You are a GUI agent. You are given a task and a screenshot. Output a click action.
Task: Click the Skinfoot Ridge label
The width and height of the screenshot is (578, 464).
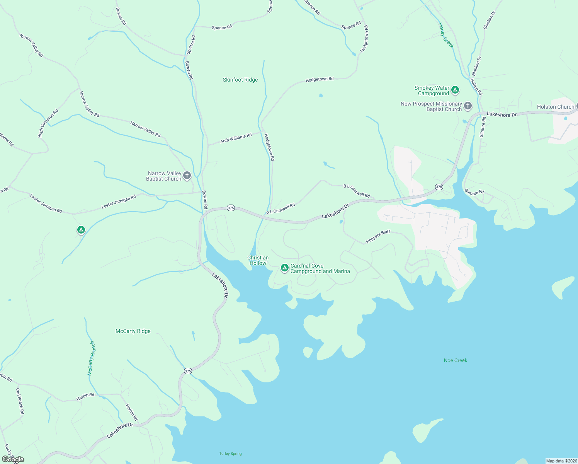pyautogui.click(x=240, y=80)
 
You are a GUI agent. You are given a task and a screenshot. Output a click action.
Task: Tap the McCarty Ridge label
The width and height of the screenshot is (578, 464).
pyautogui.click(x=133, y=331)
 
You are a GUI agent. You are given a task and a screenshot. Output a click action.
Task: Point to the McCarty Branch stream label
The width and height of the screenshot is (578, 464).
pyautogui.click(x=91, y=358)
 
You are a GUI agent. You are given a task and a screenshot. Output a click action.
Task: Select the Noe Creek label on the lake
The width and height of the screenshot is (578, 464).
pyautogui.click(x=456, y=361)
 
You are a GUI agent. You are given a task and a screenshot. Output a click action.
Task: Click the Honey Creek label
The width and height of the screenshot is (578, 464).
pyautogui.click(x=446, y=35)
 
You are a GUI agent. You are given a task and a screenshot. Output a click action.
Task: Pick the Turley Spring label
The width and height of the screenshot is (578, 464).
pyautogui.click(x=230, y=454)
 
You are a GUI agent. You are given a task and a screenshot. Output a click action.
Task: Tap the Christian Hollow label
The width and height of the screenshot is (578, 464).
pyautogui.click(x=258, y=260)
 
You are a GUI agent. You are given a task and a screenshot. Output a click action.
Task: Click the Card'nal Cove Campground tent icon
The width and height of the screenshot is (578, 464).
pyautogui.click(x=285, y=268)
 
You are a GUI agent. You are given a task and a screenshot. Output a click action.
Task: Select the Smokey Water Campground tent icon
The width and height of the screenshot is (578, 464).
pyautogui.click(x=455, y=90)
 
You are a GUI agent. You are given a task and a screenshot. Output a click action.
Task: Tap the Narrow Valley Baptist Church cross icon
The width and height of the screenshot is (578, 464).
pyautogui.click(x=187, y=176)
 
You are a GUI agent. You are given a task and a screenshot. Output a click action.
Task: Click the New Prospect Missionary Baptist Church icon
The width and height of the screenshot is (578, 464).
pyautogui.click(x=468, y=106)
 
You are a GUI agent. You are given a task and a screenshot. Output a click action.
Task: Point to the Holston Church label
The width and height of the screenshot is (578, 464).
pyautogui.click(x=556, y=107)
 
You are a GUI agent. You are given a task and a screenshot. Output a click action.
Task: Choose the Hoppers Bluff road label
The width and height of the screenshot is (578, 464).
pyautogui.click(x=378, y=237)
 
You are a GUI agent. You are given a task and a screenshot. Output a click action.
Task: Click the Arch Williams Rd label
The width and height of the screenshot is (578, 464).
pyautogui.click(x=236, y=138)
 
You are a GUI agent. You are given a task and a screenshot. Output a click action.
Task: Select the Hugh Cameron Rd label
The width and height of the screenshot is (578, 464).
pyautogui.click(x=48, y=123)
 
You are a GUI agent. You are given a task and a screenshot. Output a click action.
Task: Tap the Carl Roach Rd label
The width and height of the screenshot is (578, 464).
pyautogui.click(x=20, y=401)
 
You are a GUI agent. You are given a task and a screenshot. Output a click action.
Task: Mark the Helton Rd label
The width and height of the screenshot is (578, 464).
pyautogui.click(x=476, y=87)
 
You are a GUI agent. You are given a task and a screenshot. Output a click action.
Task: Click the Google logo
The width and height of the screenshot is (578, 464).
pyautogui.click(x=13, y=459)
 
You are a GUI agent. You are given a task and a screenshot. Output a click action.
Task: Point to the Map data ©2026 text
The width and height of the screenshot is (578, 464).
pyautogui.click(x=561, y=461)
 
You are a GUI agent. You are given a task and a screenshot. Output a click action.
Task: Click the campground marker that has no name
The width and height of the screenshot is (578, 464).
pyautogui.click(x=81, y=230)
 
